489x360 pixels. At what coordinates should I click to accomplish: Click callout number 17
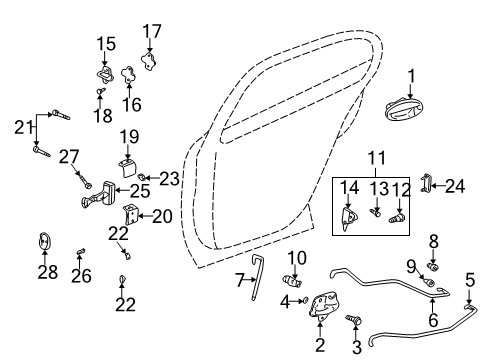point(152,31)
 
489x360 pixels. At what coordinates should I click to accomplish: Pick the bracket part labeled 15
point(106,73)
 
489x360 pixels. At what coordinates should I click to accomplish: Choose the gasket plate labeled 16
point(127,75)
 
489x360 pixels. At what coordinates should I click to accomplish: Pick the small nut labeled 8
point(434,267)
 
